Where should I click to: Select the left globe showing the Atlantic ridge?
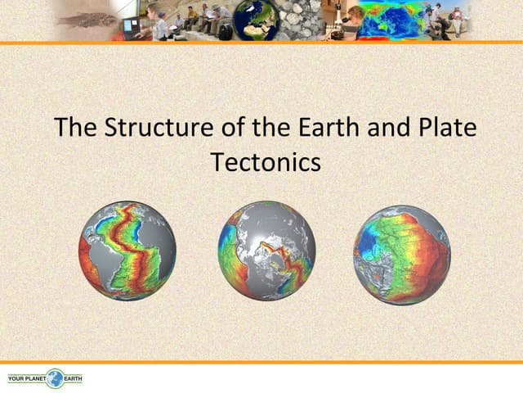coord(127,251)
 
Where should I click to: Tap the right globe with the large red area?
coord(401,254)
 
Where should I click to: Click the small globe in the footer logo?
coord(55,378)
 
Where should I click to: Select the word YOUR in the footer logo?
coord(16,379)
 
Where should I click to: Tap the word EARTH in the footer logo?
coord(73,379)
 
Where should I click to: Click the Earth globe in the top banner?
coord(256,20)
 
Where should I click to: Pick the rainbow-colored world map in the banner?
coord(391,20)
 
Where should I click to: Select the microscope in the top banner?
coord(337,20)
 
